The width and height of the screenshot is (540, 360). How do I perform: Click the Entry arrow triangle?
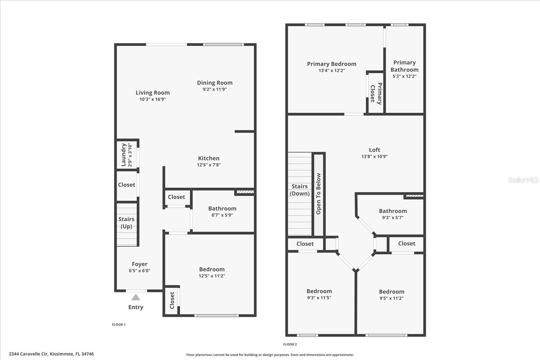pos(136,297)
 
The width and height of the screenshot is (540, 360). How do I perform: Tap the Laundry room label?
pos(124,155)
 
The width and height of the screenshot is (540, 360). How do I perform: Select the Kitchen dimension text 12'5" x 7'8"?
pos(209,165)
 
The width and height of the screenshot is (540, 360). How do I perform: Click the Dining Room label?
pos(215,83)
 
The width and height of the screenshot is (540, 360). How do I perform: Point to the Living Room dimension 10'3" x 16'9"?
pos(153,99)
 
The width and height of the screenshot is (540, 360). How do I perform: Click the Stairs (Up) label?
pos(126,223)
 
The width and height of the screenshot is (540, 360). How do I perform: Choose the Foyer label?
pos(139,264)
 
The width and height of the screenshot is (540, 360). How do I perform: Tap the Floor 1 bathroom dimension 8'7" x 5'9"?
pos(222,215)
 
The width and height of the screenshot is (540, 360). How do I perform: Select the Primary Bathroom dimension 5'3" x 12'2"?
pos(404,76)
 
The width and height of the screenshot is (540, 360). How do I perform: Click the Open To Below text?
pos(318,194)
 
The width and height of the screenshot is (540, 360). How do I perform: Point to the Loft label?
pos(374,150)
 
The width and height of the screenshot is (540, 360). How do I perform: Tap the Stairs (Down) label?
pos(299,190)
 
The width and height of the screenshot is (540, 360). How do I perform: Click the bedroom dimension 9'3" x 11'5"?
pos(319,298)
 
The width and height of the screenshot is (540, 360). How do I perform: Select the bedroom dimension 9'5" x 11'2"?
pos(391,298)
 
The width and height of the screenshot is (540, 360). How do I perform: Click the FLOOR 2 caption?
pos(290,344)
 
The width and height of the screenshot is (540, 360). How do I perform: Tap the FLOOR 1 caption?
pos(119,325)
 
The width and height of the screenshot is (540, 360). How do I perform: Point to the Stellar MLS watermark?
pos(523,180)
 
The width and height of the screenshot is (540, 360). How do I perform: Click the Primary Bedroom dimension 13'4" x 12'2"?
pos(331,71)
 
